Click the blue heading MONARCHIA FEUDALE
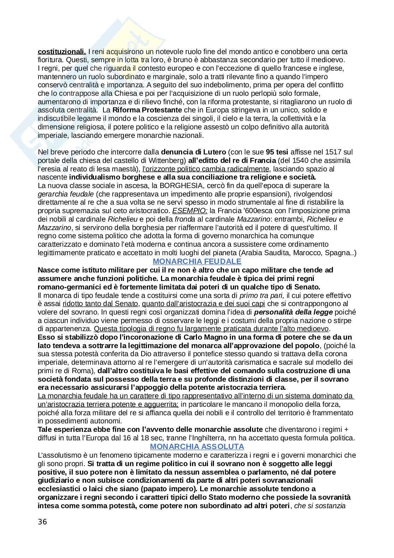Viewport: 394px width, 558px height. click(x=197, y=262)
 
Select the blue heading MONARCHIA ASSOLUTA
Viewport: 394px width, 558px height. click(x=197, y=447)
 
